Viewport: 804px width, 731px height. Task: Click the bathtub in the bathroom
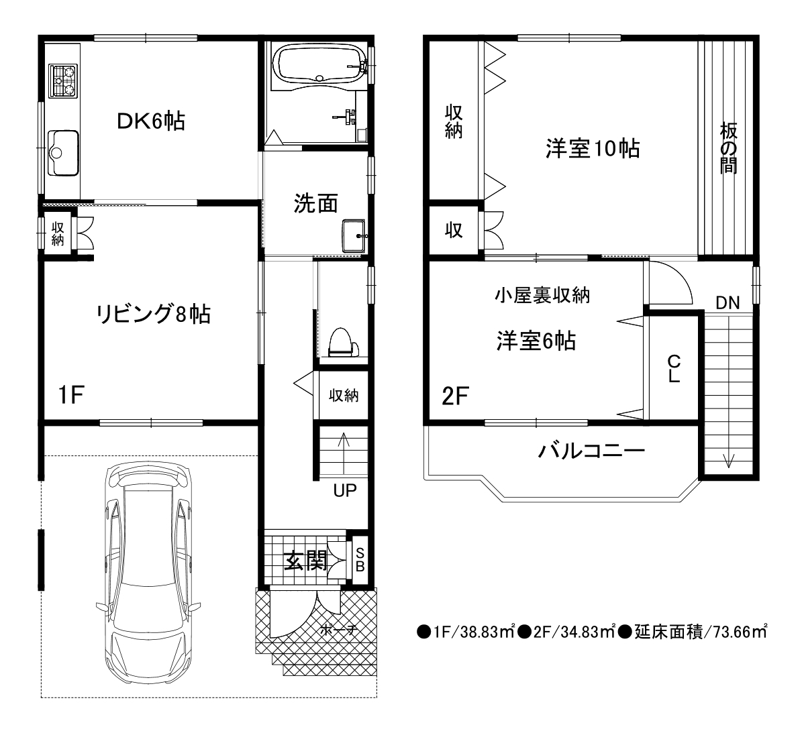pyautogui.click(x=320, y=64)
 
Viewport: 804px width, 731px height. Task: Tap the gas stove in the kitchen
pyautogui.click(x=62, y=81)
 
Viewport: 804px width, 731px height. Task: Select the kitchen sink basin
pyautogui.click(x=63, y=153)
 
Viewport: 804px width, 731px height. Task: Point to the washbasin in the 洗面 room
pyautogui.click(x=354, y=235)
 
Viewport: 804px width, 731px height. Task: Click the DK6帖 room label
pyautogui.click(x=151, y=121)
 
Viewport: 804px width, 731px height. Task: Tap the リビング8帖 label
pyautogui.click(x=153, y=314)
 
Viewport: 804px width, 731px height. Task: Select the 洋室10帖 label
pyautogui.click(x=592, y=149)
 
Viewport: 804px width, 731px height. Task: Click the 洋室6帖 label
pyautogui.click(x=536, y=341)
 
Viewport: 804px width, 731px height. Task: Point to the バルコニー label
pyautogui.click(x=591, y=451)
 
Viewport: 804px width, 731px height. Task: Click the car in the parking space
pyautogui.click(x=148, y=574)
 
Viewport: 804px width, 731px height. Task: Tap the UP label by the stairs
pyautogui.click(x=344, y=490)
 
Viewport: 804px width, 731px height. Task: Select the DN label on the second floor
pyautogui.click(x=727, y=302)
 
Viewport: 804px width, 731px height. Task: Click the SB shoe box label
pyautogui.click(x=360, y=560)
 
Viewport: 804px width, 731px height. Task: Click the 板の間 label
pyautogui.click(x=728, y=148)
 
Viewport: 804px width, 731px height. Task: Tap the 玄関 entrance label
pyautogui.click(x=306, y=561)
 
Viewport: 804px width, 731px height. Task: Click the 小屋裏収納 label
pyautogui.click(x=542, y=296)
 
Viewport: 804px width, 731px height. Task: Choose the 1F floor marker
pyautogui.click(x=70, y=395)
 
